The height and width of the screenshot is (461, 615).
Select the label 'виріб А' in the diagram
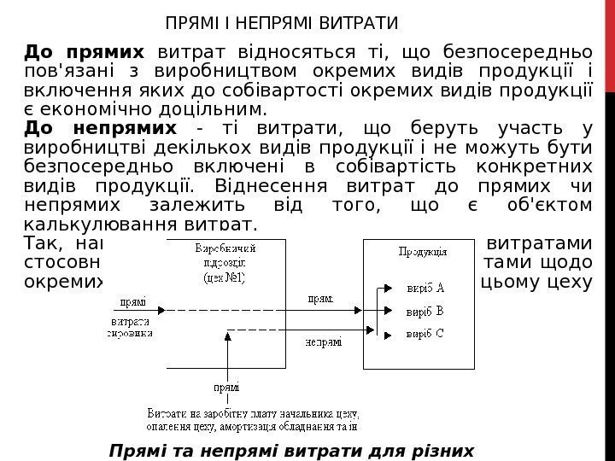coord(425,288)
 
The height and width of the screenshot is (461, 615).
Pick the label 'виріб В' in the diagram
coord(425,310)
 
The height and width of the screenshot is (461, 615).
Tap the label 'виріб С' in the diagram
coord(425,333)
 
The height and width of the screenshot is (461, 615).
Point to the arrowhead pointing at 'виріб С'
coord(388,334)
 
